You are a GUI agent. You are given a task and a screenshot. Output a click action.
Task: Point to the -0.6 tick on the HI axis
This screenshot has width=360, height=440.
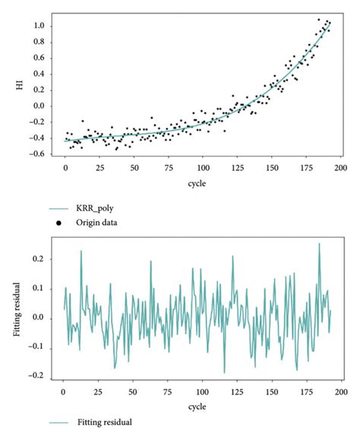pos(47,154)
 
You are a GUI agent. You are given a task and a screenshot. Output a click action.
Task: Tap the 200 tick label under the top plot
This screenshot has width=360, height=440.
pos(340,167)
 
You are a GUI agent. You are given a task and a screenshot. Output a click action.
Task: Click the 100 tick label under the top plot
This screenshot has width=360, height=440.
pos(203,167)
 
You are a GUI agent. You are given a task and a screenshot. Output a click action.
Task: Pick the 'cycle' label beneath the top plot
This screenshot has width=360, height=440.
pos(203,183)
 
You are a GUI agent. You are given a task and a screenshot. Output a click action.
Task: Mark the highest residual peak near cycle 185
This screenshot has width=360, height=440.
pos(319,245)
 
